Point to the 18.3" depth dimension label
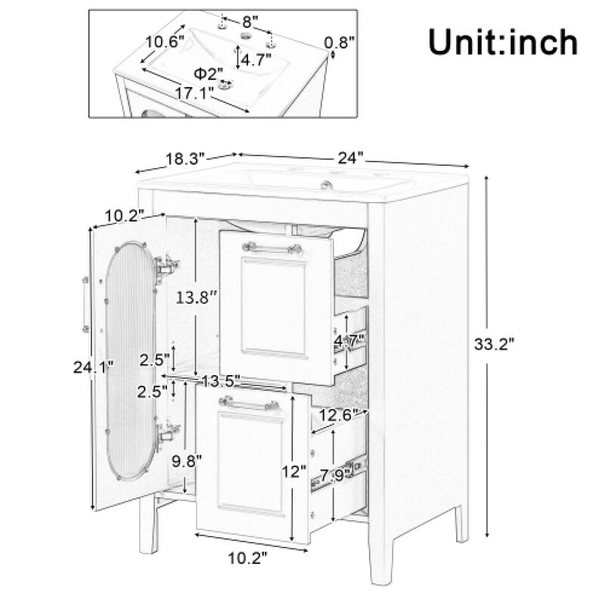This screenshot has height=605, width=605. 185,160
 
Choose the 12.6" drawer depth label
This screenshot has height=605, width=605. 339,415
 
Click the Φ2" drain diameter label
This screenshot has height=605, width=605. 208,73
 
